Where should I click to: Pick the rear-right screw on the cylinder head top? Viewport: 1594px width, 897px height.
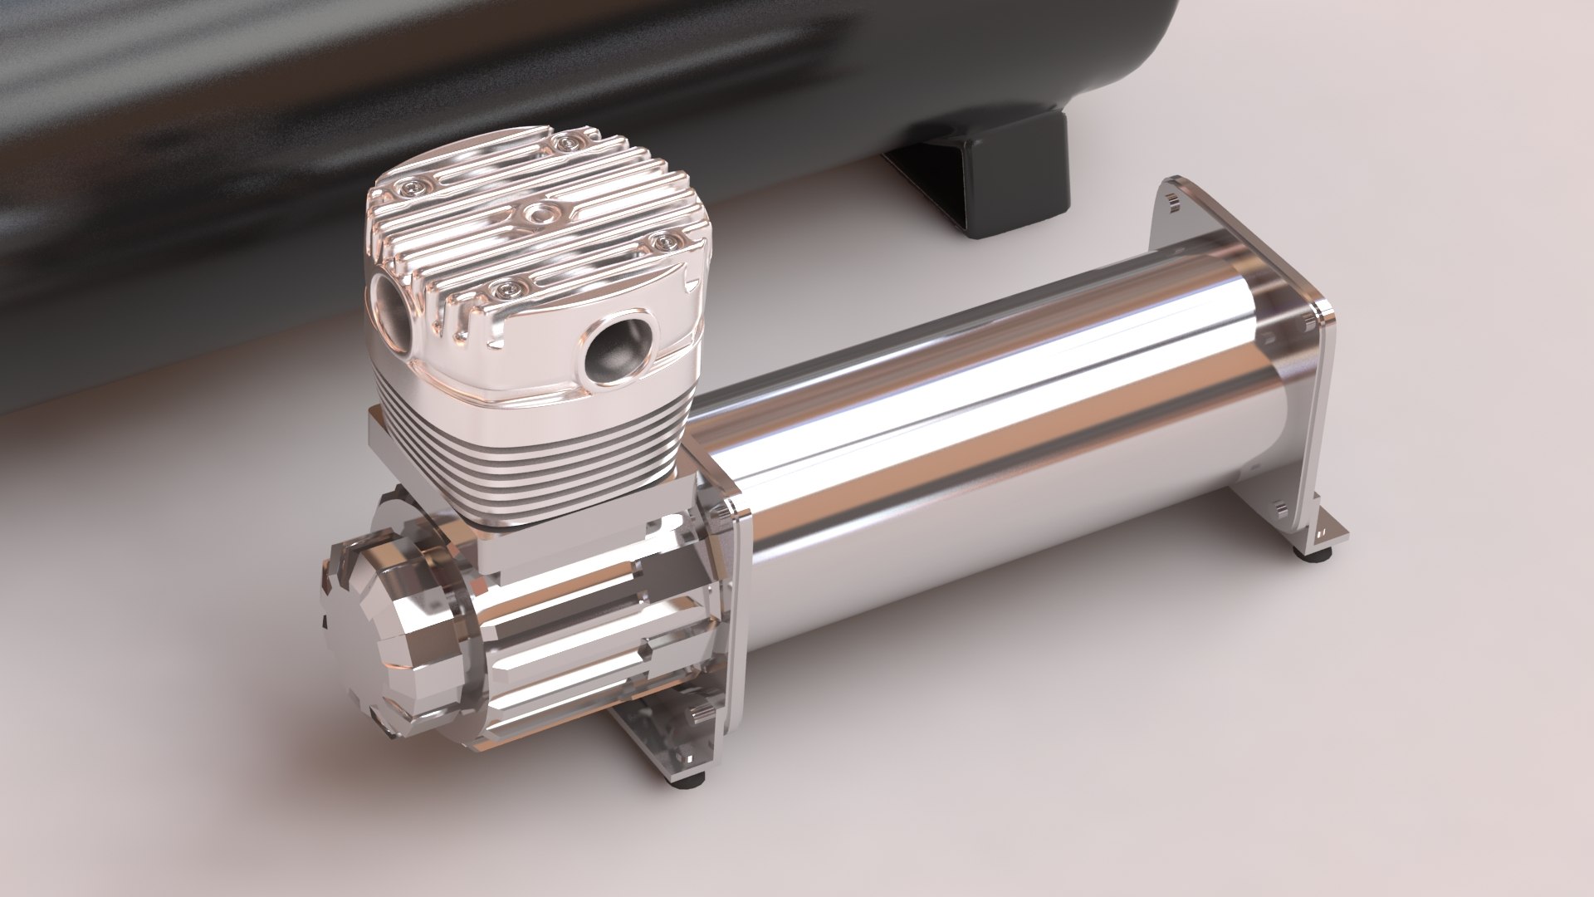pyautogui.click(x=567, y=145)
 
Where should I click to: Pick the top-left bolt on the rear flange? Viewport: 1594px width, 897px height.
pyautogui.click(x=1170, y=199)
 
